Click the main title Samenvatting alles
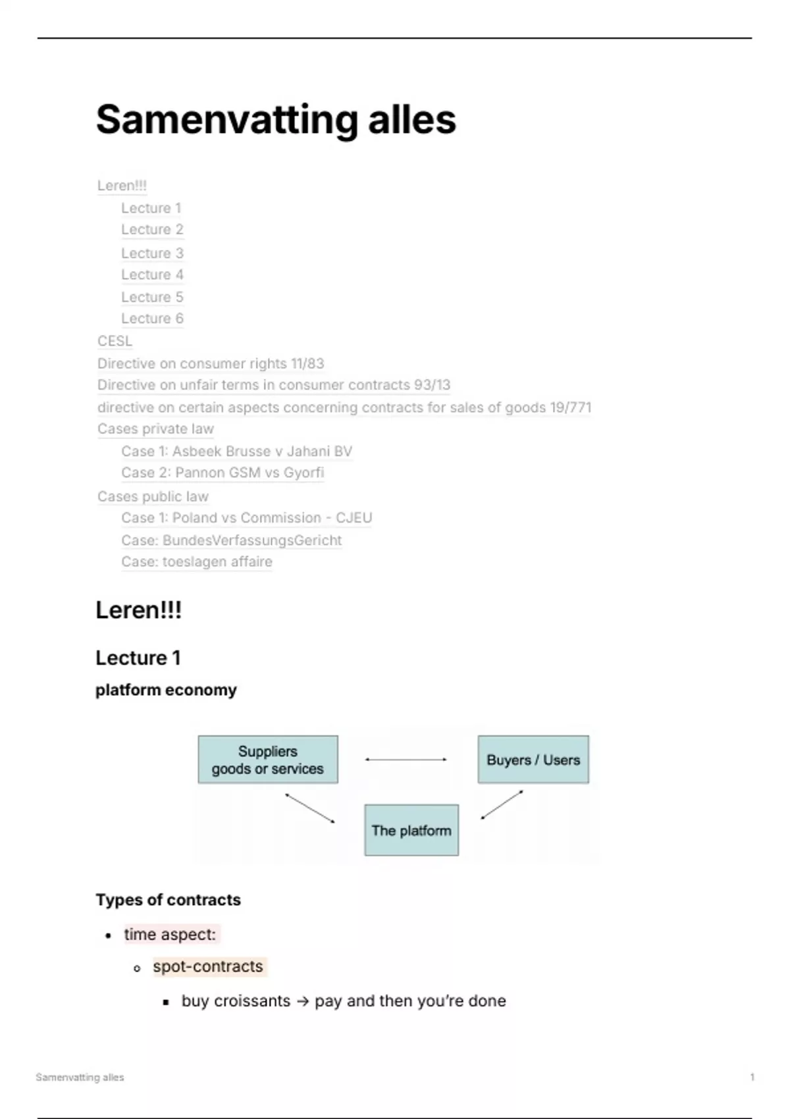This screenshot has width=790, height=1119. [x=276, y=120]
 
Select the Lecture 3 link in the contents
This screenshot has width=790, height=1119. [x=152, y=253]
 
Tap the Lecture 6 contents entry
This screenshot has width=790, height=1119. [x=152, y=319]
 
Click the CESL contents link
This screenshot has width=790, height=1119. [x=115, y=341]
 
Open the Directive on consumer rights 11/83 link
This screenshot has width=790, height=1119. [x=211, y=363]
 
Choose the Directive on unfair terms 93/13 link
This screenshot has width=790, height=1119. [x=274, y=385]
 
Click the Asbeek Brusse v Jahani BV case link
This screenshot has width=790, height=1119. [x=236, y=452]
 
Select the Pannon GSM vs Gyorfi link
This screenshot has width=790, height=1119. [x=223, y=473]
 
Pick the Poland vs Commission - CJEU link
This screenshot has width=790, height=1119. [x=246, y=518]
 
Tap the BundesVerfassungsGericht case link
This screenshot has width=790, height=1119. [x=231, y=540]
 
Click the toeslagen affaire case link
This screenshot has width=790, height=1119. [x=196, y=561]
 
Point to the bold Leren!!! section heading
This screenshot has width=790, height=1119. [x=138, y=610]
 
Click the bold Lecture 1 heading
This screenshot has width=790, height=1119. [x=138, y=658]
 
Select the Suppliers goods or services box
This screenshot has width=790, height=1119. [x=268, y=760]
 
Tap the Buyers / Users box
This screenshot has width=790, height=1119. [x=533, y=760]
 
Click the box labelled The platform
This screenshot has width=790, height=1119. [x=411, y=830]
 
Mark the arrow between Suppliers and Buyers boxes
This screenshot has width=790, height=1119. [x=406, y=760]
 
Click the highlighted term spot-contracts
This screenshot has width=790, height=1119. [x=208, y=966]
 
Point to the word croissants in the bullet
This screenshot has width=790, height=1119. [x=252, y=1001]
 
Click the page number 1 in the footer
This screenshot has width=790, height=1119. [x=752, y=1077]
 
